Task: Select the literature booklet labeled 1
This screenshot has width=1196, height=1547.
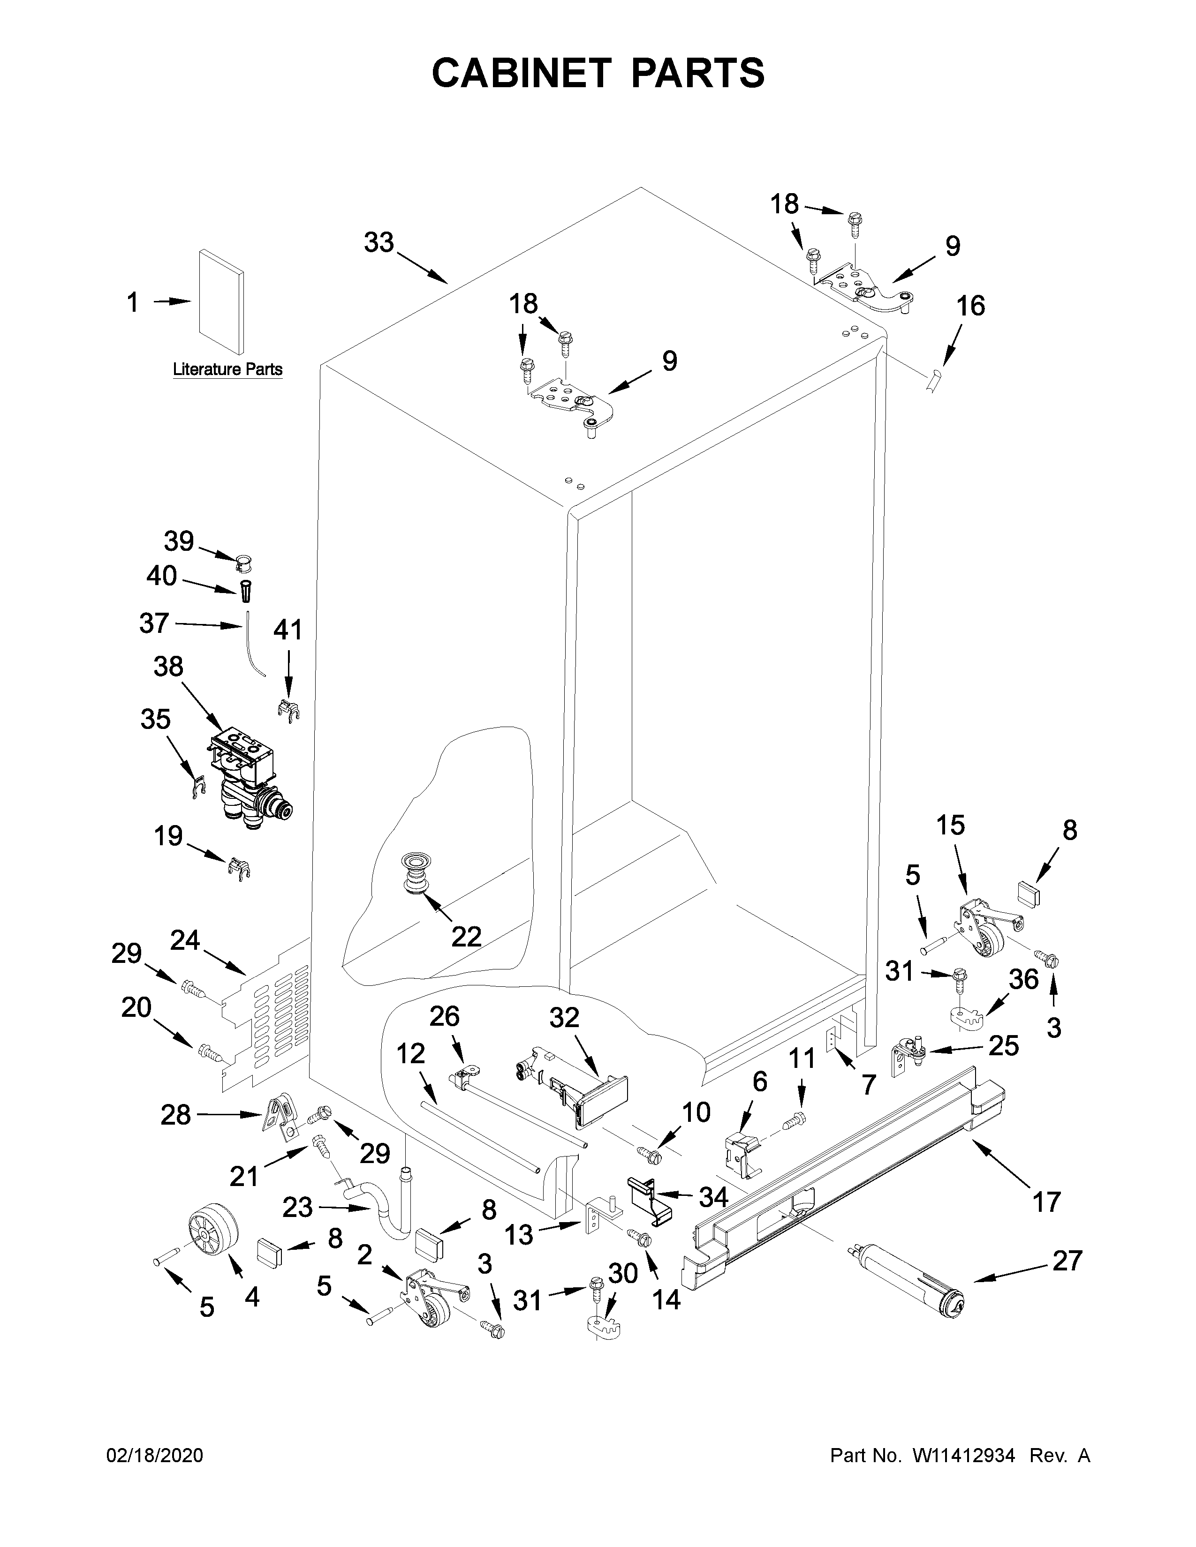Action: pos(222,301)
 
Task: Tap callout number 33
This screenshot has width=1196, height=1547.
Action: pos(378,243)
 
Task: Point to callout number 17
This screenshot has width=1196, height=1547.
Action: pos(1046,1202)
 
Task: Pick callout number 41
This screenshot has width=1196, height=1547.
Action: pos(288,630)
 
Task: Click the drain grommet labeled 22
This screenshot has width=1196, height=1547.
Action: pos(413,875)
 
